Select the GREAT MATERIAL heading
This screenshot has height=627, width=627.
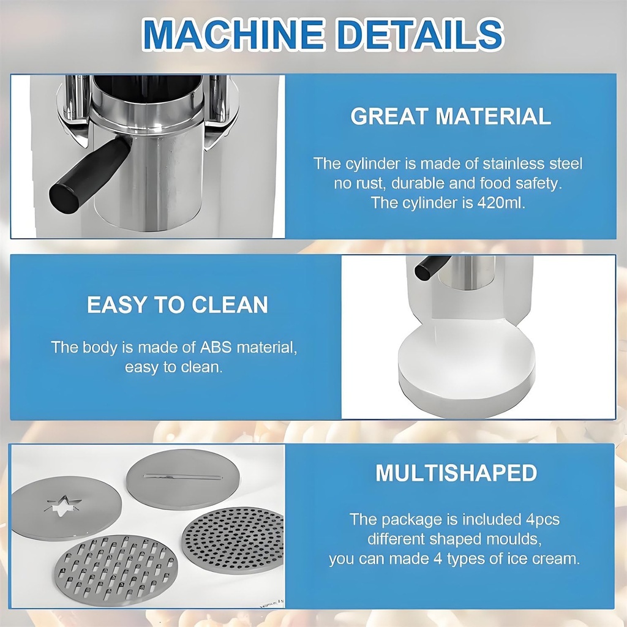coord(451,116)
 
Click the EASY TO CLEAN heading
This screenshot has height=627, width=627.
coord(178,304)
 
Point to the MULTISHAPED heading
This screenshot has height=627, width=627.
coord(456,473)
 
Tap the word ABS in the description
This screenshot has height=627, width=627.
coord(216,347)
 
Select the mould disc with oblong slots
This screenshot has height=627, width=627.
coord(115,571)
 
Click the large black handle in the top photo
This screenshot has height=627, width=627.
coord(88,174)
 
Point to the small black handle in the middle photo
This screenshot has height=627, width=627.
coord(432,267)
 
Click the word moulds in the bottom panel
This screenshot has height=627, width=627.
coord(514,539)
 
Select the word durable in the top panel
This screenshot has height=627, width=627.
coord(423,183)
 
